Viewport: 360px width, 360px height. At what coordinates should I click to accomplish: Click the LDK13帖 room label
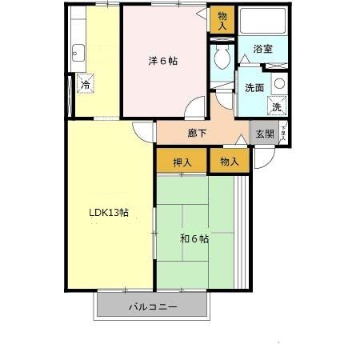(x=108, y=213)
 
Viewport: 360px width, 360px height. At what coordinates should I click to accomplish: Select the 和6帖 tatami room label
(x=194, y=238)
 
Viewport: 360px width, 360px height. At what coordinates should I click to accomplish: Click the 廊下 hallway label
(x=198, y=133)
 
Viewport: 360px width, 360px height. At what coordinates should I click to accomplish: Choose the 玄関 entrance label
(x=263, y=134)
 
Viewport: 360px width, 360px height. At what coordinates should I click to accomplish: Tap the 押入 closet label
(x=182, y=162)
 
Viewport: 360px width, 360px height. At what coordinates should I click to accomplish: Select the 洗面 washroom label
(x=255, y=88)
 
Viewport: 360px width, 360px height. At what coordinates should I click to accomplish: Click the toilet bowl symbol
(x=223, y=58)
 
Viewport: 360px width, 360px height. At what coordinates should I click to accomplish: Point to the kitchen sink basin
(x=78, y=54)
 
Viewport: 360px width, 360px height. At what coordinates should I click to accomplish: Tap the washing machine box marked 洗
(x=276, y=106)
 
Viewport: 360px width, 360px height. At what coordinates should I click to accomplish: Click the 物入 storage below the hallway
(x=229, y=162)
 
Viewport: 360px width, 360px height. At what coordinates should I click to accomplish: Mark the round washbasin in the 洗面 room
(x=278, y=83)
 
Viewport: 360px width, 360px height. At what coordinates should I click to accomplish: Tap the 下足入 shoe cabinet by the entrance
(x=282, y=134)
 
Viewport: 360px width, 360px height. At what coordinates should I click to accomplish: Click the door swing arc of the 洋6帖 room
(x=195, y=106)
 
